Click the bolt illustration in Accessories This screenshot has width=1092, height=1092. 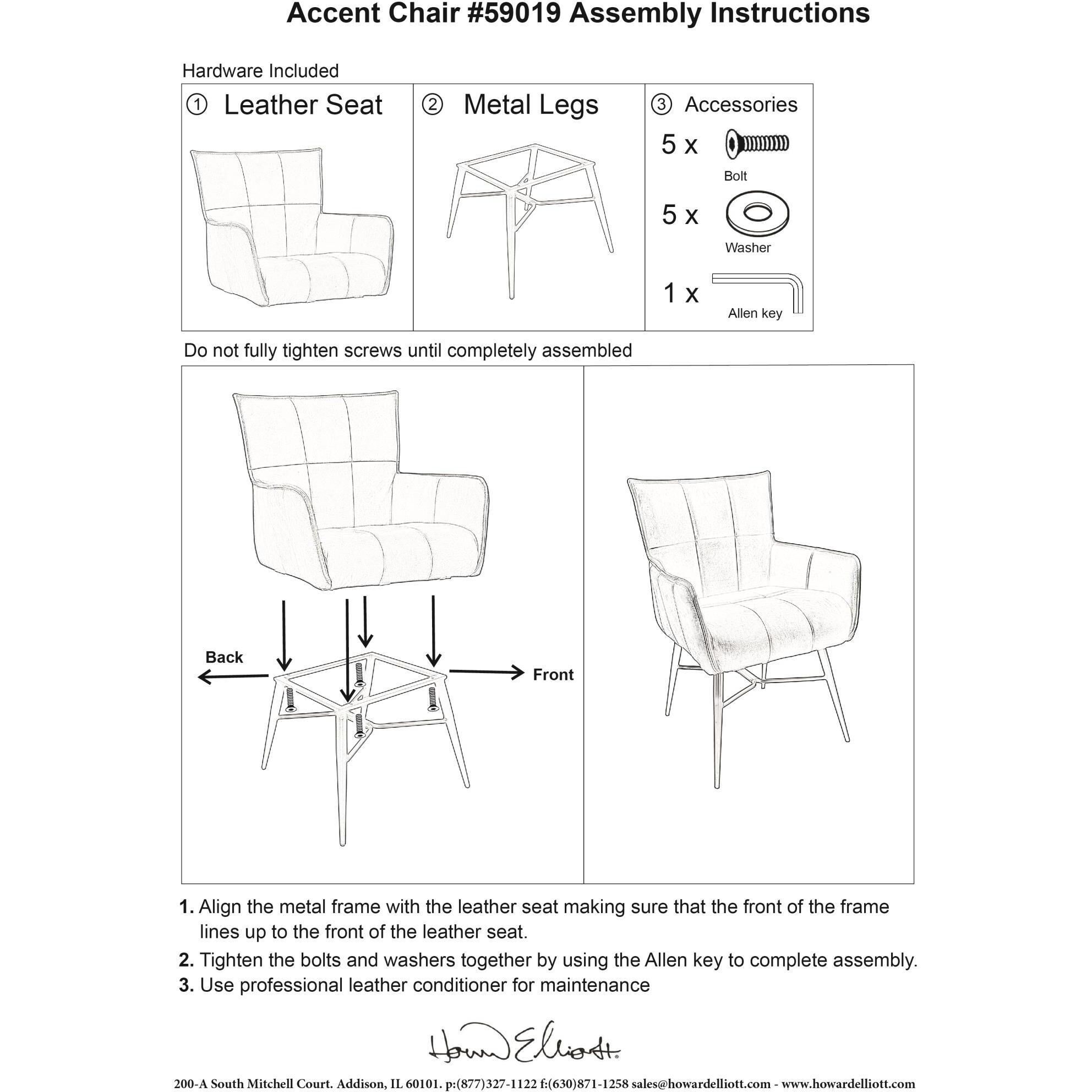(x=757, y=144)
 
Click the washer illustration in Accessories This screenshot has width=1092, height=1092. (x=757, y=214)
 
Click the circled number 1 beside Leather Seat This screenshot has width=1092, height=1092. (x=196, y=105)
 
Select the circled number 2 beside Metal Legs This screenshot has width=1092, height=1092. (x=433, y=105)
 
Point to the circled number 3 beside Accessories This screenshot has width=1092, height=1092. (x=661, y=105)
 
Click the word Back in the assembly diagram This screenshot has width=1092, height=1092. (x=224, y=657)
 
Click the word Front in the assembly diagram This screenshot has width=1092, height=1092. (x=553, y=675)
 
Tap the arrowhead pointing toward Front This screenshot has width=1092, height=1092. (x=518, y=672)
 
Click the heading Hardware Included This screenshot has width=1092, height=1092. (x=260, y=71)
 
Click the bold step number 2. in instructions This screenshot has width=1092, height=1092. (x=187, y=960)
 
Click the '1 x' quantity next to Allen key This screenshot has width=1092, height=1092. (x=680, y=293)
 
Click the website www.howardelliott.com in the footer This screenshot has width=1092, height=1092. (x=848, y=1084)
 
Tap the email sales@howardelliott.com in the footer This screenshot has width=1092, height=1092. (x=701, y=1084)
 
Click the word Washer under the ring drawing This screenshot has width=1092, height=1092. (x=747, y=248)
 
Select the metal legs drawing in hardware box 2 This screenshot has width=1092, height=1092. (x=528, y=215)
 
